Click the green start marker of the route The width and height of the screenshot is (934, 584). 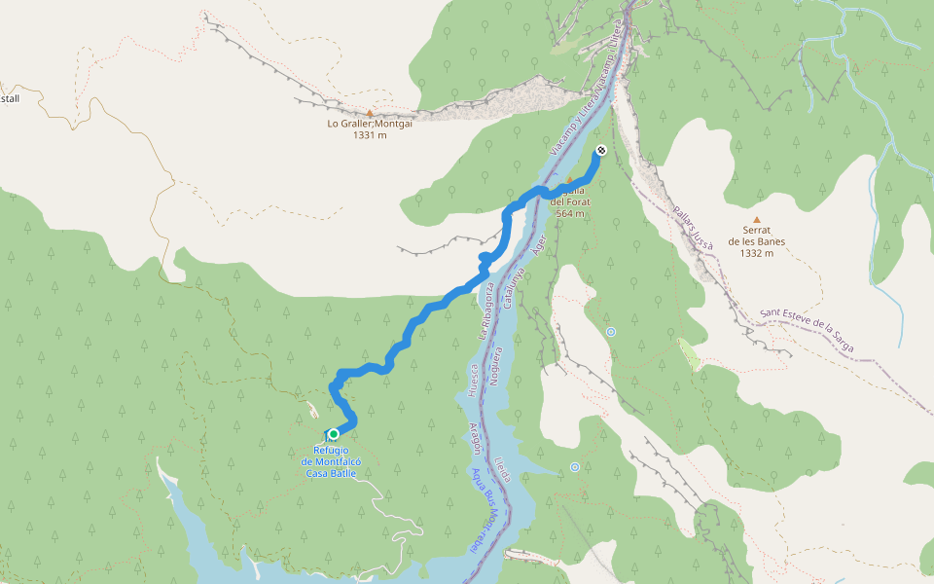pos(334,434)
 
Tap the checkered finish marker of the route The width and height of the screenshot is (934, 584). pos(601,150)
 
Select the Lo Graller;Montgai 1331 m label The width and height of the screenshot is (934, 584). pos(370,129)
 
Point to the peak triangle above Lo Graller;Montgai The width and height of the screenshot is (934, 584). pos(370,113)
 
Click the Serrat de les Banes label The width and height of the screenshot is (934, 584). pos(756,241)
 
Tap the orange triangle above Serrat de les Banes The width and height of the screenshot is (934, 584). pos(756,220)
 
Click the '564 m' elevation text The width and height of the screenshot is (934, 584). pos(570,213)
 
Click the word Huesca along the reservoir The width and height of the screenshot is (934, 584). pos(474,381)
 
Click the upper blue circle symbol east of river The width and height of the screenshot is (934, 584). pos(611,332)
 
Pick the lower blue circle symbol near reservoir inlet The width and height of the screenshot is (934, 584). pos(575,467)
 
